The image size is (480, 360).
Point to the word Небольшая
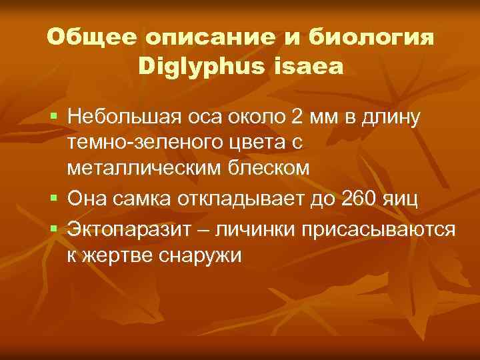click(123, 118)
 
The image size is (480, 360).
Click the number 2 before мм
click(297, 118)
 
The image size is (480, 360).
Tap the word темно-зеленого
click(135, 143)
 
